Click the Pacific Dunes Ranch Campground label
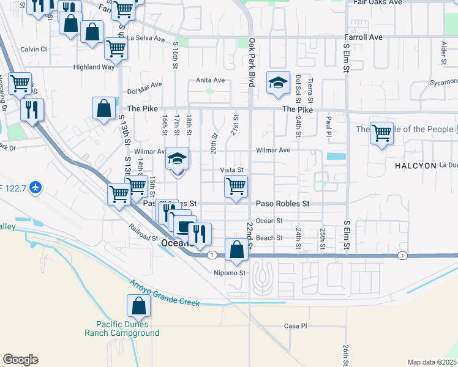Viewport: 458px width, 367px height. [x=127, y=328]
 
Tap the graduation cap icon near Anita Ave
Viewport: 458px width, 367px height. [x=278, y=83]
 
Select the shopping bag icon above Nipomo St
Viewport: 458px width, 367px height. [x=236, y=250]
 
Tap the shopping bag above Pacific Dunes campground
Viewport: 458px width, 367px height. [x=139, y=306]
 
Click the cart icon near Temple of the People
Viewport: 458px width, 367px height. [x=381, y=133]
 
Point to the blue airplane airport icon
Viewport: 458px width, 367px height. [x=36, y=187]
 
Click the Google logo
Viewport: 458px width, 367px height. [x=20, y=360]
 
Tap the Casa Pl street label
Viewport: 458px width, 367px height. [x=295, y=326]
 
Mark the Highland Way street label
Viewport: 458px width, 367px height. [x=94, y=67]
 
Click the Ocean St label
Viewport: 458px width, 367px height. [x=269, y=221]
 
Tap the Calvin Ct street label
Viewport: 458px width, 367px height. [x=34, y=49]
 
